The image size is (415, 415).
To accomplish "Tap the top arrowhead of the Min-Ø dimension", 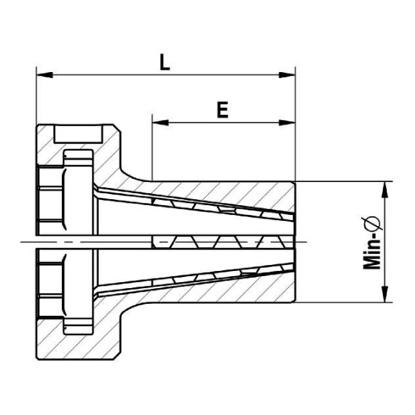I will click(386, 189).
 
